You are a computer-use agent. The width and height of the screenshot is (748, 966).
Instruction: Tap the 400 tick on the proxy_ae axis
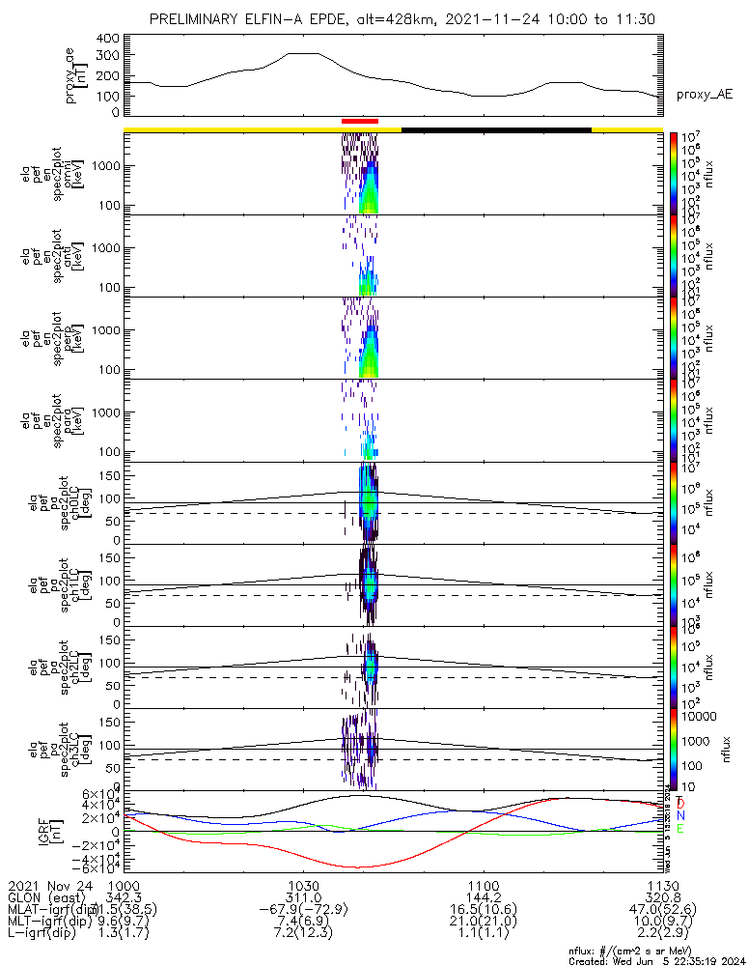(x=108, y=39)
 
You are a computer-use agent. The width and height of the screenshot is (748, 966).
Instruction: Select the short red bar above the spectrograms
(x=360, y=121)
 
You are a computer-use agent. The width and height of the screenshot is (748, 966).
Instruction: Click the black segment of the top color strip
(x=496, y=128)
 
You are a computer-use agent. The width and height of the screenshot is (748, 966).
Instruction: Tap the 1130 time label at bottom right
(x=662, y=885)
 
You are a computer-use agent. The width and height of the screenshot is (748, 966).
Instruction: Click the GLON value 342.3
(x=124, y=897)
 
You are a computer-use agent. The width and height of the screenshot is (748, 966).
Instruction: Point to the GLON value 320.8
(x=662, y=897)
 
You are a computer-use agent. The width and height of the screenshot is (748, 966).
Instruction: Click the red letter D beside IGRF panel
(x=680, y=804)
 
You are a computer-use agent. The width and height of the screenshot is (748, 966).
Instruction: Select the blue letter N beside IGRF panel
(x=680, y=816)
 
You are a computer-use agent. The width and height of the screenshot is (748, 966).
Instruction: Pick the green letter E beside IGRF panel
(x=680, y=829)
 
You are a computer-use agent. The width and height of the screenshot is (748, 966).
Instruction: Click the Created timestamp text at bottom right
(x=656, y=960)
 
